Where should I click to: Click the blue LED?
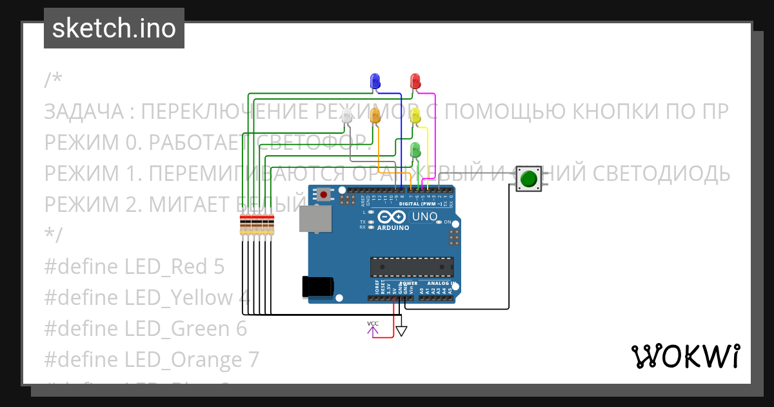click(x=375, y=81)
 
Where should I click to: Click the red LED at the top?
click(x=415, y=81)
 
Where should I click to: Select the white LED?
click(x=347, y=117)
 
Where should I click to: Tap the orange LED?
click(x=375, y=116)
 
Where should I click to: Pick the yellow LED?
click(x=415, y=116)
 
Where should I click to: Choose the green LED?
click(x=415, y=150)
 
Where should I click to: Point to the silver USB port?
click(x=315, y=219)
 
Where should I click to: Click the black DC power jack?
click(x=318, y=287)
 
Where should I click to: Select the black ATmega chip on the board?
click(x=412, y=266)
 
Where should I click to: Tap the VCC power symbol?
click(x=373, y=328)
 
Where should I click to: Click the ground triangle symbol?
click(x=401, y=331)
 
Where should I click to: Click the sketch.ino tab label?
click(x=114, y=28)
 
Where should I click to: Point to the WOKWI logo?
click(x=685, y=356)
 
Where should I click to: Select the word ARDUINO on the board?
click(x=393, y=227)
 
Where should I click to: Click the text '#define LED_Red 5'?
click(x=134, y=266)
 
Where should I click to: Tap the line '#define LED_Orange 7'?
click(x=152, y=359)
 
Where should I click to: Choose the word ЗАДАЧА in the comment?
click(x=84, y=112)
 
